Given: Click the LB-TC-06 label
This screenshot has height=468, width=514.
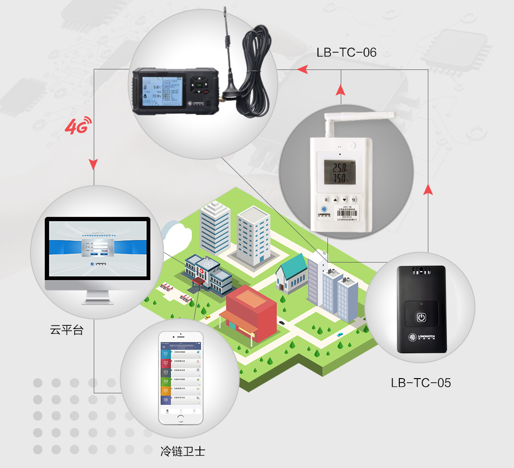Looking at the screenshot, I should pos(346,52).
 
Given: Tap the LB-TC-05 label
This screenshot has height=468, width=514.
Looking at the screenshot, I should pos(421,382).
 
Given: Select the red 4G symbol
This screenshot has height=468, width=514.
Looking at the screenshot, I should pos(76,127).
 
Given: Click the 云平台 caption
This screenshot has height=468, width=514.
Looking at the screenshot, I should pos(67,330).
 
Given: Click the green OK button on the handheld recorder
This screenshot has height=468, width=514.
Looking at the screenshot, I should pos(199,85).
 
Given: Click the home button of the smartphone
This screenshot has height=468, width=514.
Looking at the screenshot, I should pos(180,419).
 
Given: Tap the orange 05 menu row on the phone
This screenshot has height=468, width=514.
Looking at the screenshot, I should pos(180,391).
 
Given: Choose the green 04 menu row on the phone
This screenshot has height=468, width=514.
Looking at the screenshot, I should pos(180,381).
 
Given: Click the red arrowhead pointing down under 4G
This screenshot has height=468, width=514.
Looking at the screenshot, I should pos(93,165).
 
